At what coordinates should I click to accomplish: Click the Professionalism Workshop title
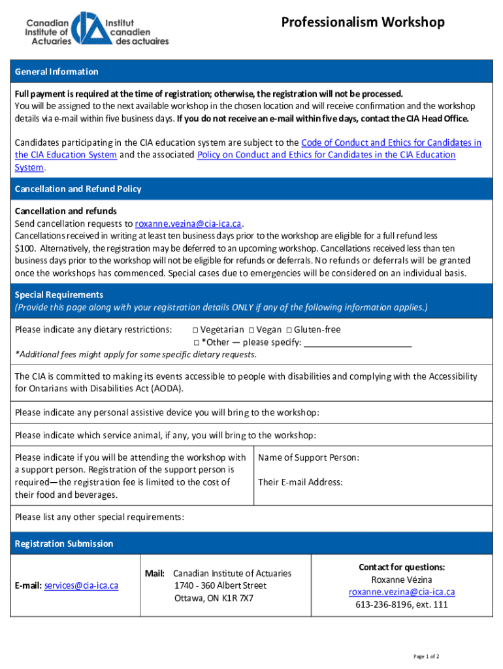[x=363, y=23]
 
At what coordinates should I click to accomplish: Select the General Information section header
[x=57, y=72]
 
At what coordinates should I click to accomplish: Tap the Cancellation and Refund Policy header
[x=78, y=189]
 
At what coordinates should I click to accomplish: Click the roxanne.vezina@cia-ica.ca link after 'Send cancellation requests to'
[x=188, y=223]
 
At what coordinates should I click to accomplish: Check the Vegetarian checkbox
[x=195, y=330]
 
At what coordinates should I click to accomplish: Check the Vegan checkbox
[x=252, y=330]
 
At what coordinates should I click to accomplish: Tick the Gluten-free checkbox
[x=289, y=330]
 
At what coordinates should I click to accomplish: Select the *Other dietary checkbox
[x=195, y=343]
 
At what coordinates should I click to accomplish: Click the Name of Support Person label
[x=308, y=458]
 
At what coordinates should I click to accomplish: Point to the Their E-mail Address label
[x=300, y=482]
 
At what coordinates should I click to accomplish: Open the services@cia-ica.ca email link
[x=81, y=586]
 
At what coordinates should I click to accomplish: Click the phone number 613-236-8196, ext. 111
[x=401, y=604]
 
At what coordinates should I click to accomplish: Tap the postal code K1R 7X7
[x=238, y=598]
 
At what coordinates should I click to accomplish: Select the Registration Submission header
[x=64, y=544]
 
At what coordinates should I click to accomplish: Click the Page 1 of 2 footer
[x=426, y=656]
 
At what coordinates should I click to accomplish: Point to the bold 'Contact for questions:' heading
[x=401, y=567]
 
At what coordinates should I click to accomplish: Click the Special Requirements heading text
[x=59, y=295]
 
